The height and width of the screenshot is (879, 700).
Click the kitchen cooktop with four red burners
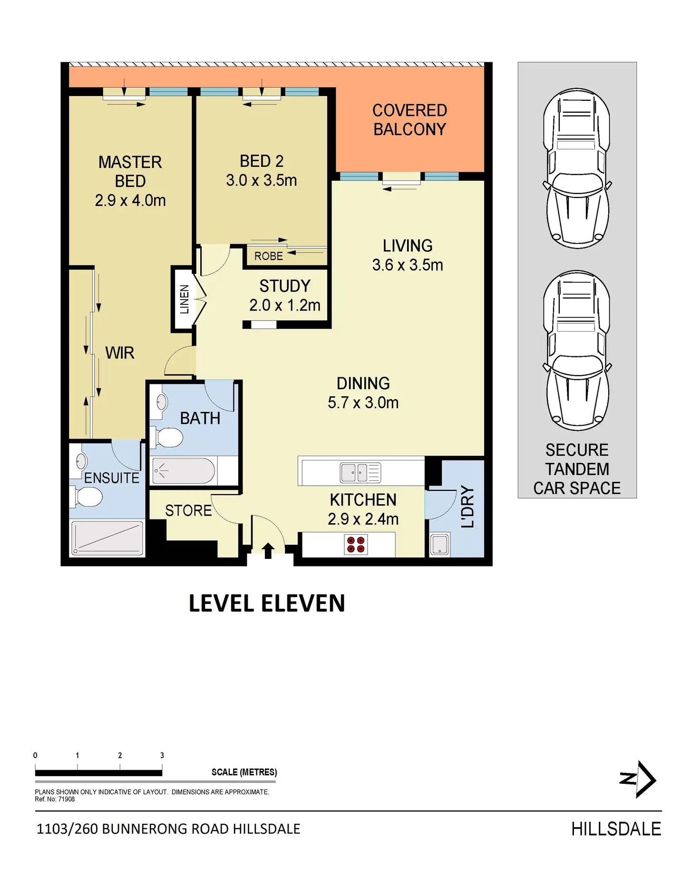[x=356, y=545]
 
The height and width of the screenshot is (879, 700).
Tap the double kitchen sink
[x=360, y=472]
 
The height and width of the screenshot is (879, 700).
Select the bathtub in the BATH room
[x=184, y=470]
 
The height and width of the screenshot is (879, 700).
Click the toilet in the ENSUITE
[x=87, y=497]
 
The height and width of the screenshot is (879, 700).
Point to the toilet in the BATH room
[x=167, y=438]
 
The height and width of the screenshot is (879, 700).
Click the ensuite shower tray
[x=107, y=538]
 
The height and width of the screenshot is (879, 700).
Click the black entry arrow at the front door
[x=268, y=550]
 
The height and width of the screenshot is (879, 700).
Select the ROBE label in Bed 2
[x=269, y=256]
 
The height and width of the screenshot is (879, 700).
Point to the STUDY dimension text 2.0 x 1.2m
[x=285, y=305]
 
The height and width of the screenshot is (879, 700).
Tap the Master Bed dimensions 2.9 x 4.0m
[x=130, y=201]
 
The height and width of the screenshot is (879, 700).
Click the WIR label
[x=120, y=353]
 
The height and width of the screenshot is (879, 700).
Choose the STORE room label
[x=188, y=510]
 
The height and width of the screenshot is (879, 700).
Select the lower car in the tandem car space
[x=577, y=351]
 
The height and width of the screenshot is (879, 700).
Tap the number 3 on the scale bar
[x=162, y=755]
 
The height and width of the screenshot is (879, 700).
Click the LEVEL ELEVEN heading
[x=267, y=603]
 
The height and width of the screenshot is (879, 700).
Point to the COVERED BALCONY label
[x=410, y=120]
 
